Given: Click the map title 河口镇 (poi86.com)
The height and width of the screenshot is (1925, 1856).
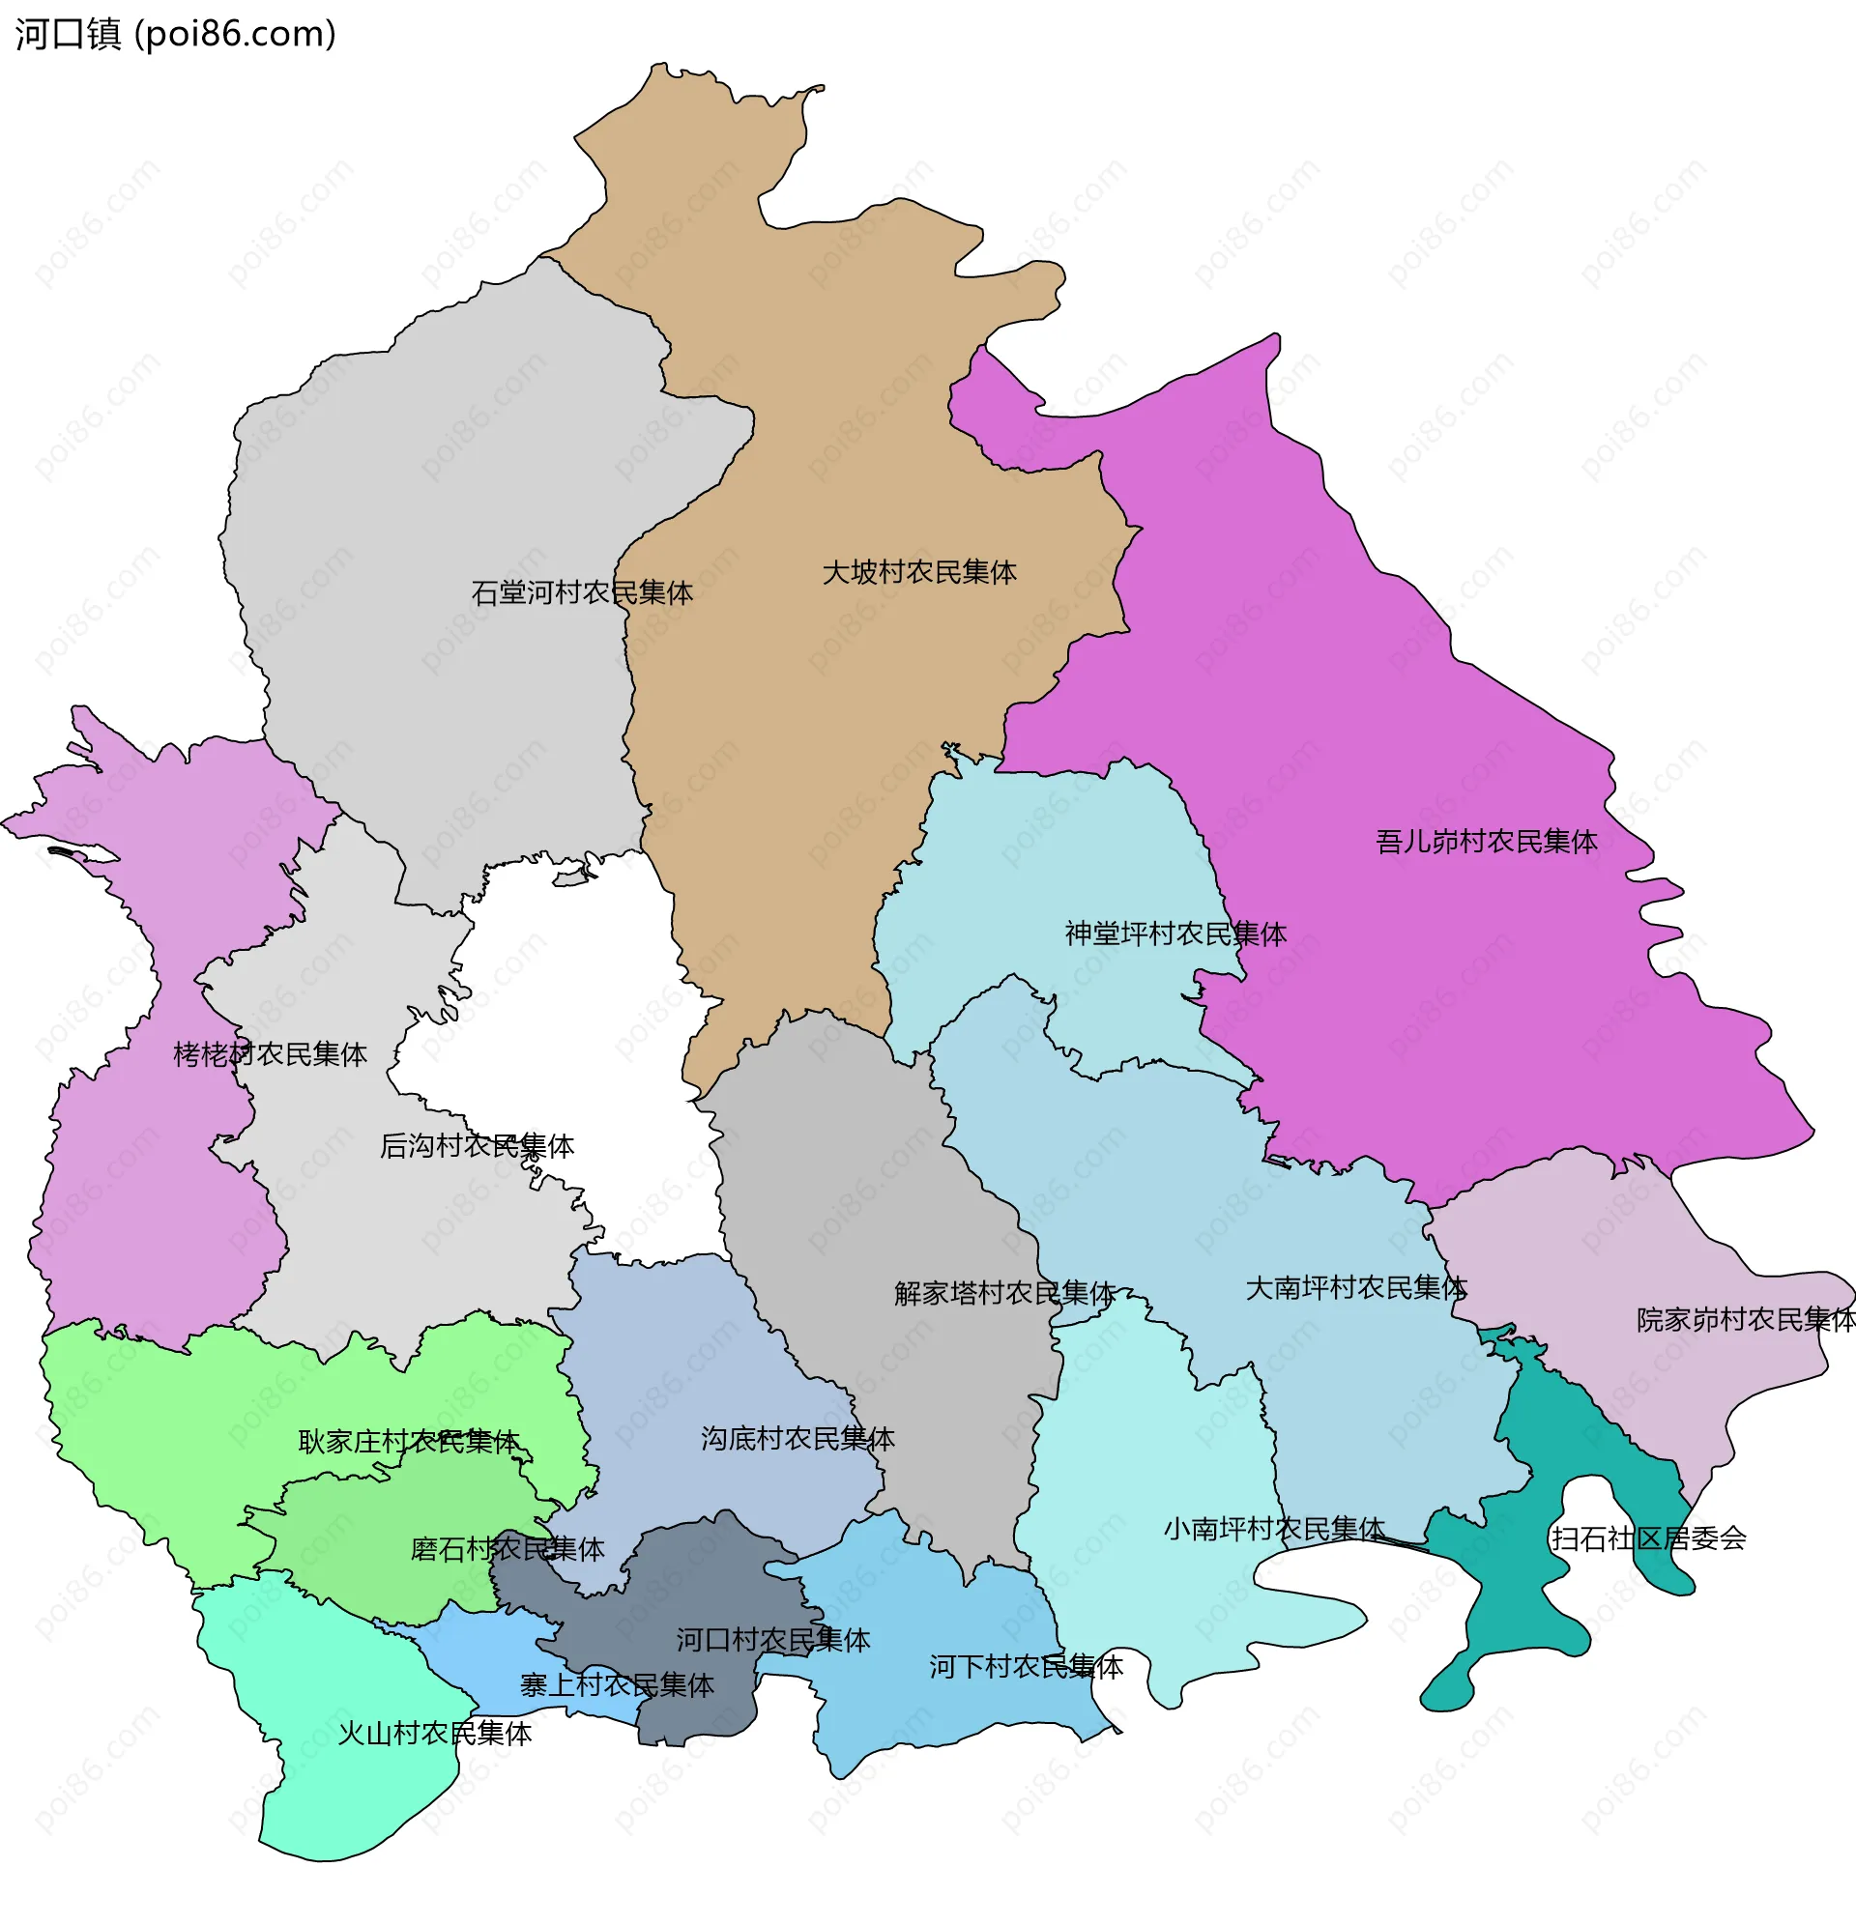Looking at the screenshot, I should pos(175,35).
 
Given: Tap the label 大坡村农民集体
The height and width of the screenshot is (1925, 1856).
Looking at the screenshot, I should pos(918,573).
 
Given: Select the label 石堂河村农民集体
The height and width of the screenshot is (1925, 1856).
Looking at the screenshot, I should pos(582,593).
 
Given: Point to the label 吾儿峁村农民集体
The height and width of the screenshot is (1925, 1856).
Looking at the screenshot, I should pos(1486,842).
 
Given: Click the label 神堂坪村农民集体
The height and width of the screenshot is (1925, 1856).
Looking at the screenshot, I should pos(1175,934).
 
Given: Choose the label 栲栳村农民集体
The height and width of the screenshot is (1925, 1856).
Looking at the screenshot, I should pos(271,1055).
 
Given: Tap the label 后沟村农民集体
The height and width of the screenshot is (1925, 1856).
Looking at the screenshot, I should pos(477,1146).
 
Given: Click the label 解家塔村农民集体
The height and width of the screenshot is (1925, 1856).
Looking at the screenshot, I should pos(1004,1294).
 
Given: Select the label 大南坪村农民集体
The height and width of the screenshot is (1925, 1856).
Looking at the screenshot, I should pos(1356,1288).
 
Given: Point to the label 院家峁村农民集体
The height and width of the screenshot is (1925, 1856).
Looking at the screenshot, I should pos(1745,1320).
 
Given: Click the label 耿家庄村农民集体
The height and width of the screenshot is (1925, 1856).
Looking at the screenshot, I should pos(408,1442).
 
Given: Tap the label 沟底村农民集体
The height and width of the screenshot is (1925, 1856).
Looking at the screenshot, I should pos(797,1439).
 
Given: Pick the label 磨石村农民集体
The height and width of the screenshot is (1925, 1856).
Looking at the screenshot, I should pos(507,1550).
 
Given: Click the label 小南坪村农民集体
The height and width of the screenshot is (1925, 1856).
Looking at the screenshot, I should pos(1273,1529).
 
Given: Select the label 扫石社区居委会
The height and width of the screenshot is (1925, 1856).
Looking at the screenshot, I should pos(1648,1539).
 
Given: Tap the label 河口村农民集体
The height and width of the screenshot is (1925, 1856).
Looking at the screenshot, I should pos(772,1640).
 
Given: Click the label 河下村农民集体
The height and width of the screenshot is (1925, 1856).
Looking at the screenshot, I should pos(1026,1667).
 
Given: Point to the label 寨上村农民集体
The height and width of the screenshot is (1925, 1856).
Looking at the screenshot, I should pos(616,1685).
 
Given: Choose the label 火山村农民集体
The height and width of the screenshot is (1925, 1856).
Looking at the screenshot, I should pos(434,1734).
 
